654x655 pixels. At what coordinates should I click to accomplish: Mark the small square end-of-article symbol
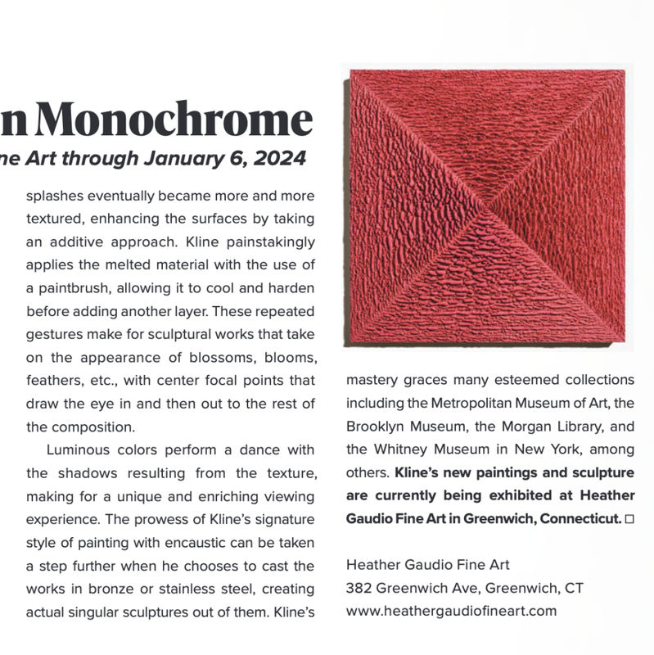tap(629, 518)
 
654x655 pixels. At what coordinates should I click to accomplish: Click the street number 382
tap(359, 588)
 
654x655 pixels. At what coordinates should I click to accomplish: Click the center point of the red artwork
tap(487, 205)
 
